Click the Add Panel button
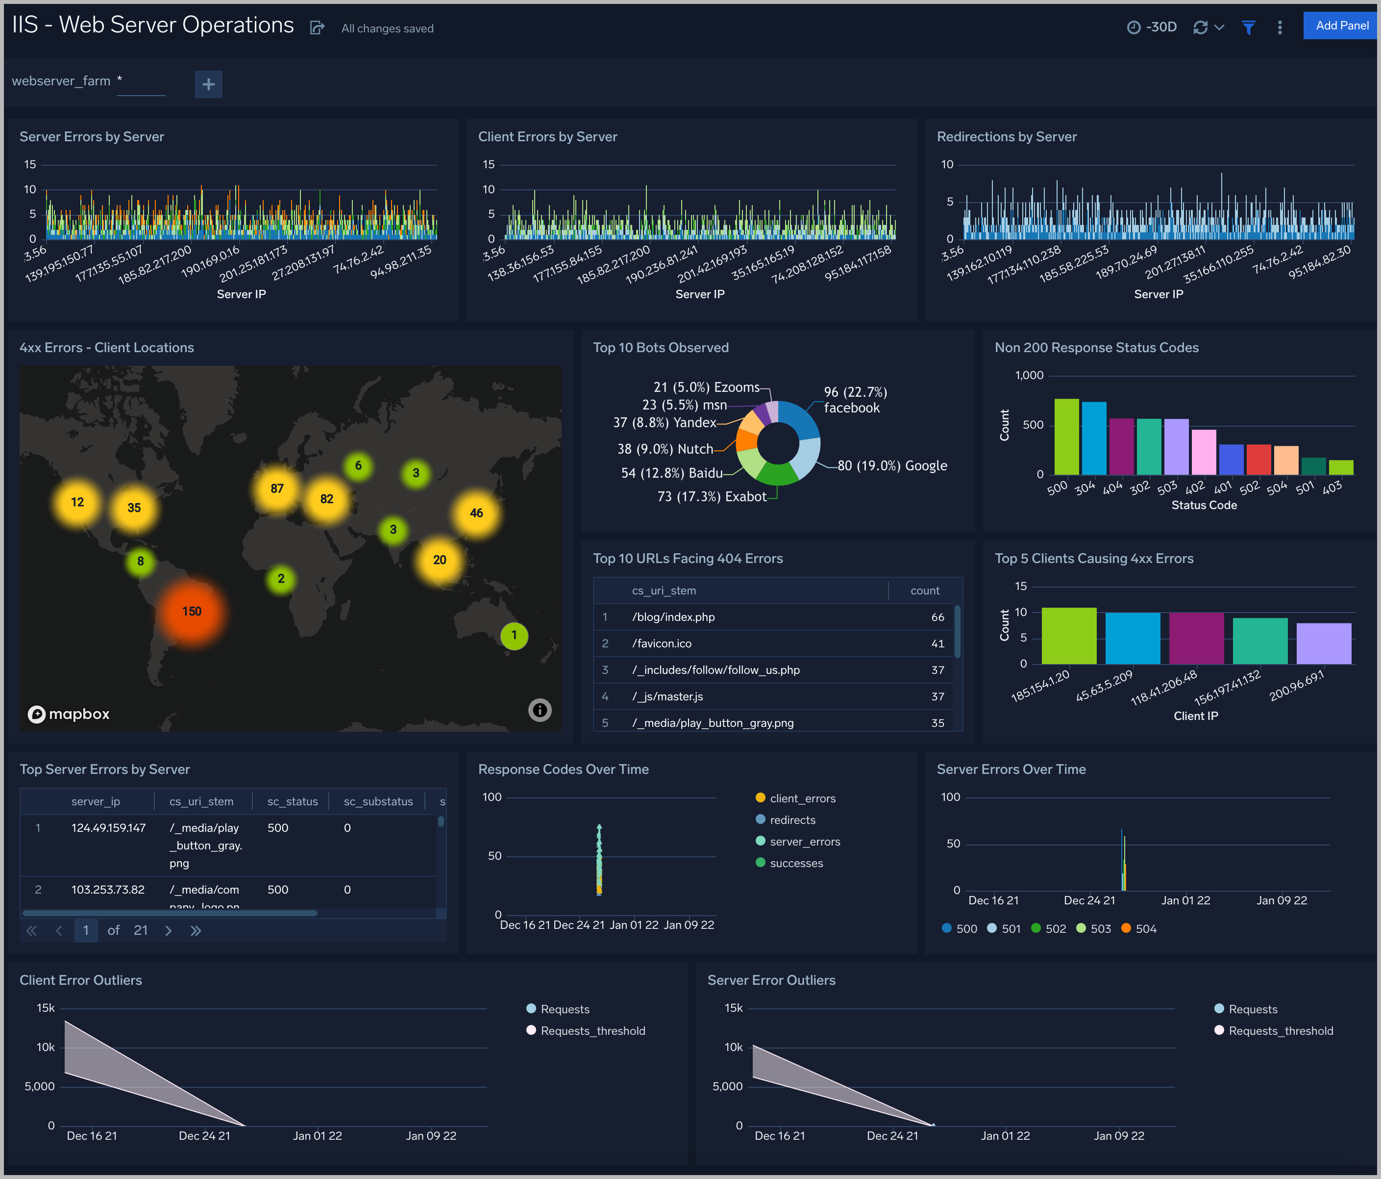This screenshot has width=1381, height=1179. click(1341, 26)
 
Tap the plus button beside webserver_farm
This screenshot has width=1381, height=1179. click(208, 84)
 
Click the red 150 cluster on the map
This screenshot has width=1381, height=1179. click(192, 612)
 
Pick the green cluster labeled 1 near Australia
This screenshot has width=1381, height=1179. click(514, 636)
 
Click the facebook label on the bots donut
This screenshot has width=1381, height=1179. click(851, 408)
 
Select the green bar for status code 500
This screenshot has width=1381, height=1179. click(1066, 437)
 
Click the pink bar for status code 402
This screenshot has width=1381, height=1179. click(1204, 452)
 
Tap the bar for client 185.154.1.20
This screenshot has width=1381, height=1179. click(1068, 636)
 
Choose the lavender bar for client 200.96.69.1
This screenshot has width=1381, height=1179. click(1324, 643)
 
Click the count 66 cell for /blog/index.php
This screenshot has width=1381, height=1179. click(937, 617)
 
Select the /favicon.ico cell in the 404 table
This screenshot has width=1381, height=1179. click(662, 643)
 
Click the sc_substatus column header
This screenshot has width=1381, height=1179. click(378, 801)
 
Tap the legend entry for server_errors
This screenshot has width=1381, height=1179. click(805, 842)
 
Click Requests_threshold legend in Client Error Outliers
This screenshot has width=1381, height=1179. click(592, 1031)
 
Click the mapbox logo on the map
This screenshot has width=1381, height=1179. click(69, 714)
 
